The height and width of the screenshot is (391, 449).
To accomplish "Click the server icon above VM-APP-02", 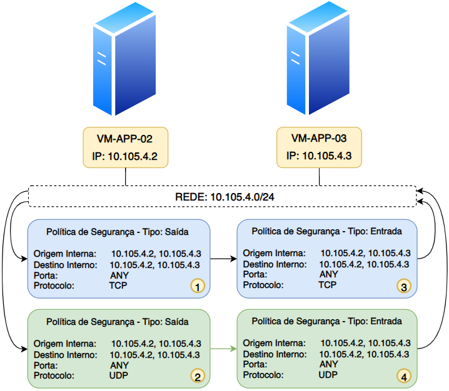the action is coord(124,59).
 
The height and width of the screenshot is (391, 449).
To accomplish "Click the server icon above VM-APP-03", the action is coord(318,58).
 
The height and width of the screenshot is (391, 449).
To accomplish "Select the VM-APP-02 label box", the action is coord(126,147).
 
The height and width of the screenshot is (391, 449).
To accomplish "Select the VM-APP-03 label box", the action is coord(319,147).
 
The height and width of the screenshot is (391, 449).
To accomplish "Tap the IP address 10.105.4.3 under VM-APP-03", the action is coord(327,156).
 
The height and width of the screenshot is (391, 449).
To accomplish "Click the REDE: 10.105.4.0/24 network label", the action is coord(224,197).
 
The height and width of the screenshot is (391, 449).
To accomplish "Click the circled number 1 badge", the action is coord(198,286).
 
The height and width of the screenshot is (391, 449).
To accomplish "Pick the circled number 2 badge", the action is coord(198,376).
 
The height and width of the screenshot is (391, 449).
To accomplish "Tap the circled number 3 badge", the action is coord(404,286).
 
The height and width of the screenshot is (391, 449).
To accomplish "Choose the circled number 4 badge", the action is coord(404,377).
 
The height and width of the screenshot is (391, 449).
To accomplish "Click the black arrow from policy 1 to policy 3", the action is coord(224,259).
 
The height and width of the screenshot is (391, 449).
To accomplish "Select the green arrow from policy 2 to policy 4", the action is coord(224,349).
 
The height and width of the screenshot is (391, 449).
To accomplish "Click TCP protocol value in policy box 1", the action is coord(118,285).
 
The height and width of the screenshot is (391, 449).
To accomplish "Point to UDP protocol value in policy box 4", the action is coord(328,375).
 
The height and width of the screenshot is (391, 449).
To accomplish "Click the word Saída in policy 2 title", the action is coord(177,322).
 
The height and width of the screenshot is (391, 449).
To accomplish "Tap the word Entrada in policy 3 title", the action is coord(386,231).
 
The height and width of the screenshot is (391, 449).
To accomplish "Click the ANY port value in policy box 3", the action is coord(329,274).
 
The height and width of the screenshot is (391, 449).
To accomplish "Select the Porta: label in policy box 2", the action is coord(46,365).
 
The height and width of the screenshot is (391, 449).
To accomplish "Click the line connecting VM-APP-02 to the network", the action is coord(126,177).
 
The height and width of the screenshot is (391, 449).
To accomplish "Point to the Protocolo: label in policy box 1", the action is coord(54,285).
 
